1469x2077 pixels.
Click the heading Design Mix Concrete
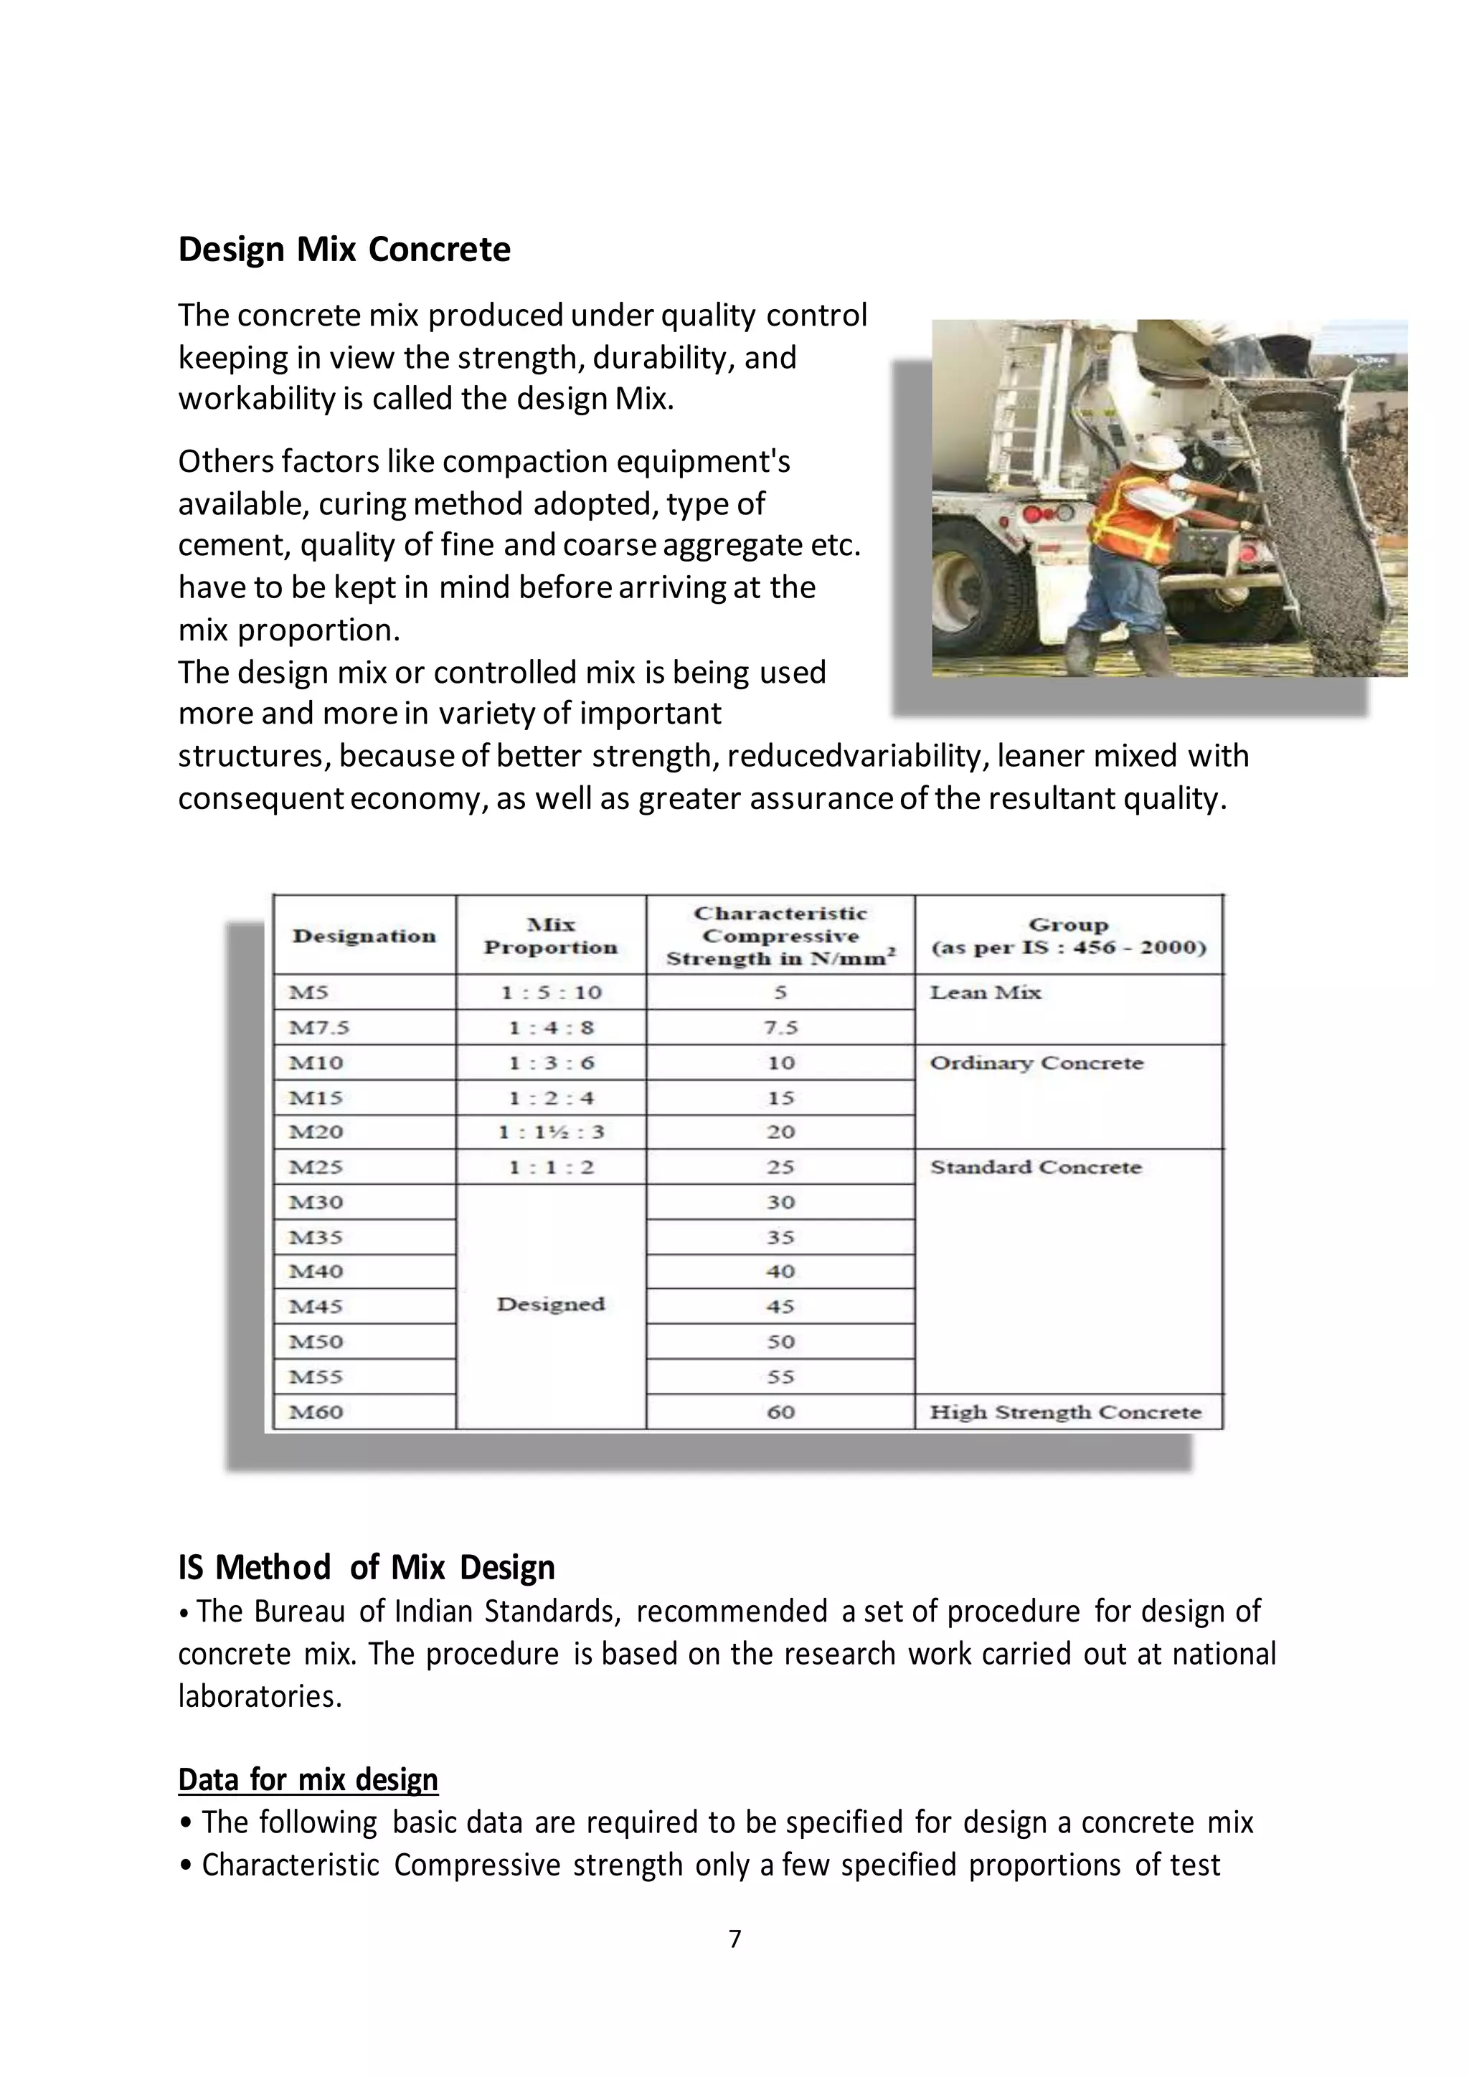coord(344,249)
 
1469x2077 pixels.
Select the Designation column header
coord(364,936)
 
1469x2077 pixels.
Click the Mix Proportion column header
coord(550,936)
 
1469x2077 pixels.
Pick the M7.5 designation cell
coord(318,1028)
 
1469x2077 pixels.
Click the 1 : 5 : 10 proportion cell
coord(551,993)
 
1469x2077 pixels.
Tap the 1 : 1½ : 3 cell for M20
coord(551,1132)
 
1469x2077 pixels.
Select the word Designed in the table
coord(551,1305)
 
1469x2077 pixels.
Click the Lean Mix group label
coord(985,993)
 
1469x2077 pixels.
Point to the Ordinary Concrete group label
coord(1036,1063)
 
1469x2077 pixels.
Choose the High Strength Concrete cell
coord(1066,1412)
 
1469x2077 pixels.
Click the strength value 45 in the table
coord(780,1306)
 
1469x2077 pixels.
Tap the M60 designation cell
coord(316,1412)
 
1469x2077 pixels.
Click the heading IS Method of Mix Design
coord(367,1567)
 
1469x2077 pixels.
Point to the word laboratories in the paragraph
coord(260,1696)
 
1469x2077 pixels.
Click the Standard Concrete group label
coord(1036,1167)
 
